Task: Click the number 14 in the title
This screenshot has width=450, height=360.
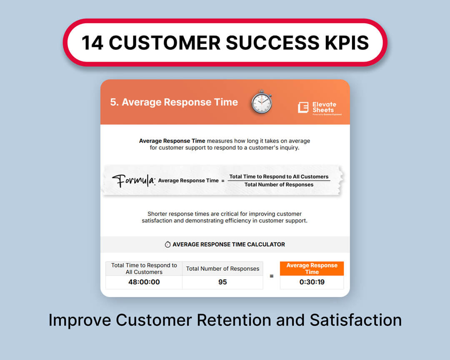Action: [x=92, y=43]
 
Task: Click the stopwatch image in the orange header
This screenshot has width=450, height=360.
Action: [x=261, y=102]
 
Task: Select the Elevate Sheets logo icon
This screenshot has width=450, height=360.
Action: [x=303, y=107]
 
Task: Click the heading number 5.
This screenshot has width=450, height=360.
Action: [x=114, y=102]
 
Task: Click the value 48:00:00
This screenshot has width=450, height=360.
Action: [x=144, y=282]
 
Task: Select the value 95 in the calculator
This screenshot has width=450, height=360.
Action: [x=222, y=282]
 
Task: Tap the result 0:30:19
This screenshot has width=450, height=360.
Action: [x=312, y=282]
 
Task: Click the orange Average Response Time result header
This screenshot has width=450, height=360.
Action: [x=312, y=268]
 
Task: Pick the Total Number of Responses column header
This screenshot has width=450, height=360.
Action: [x=222, y=269]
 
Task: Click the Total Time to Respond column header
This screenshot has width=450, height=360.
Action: [x=144, y=269]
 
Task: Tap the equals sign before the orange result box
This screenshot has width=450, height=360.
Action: [x=272, y=276]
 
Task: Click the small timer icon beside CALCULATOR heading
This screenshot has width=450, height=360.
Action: [x=167, y=244]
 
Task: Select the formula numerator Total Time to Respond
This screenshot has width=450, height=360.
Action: [x=279, y=177]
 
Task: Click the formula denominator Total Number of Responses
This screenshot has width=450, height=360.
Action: [x=279, y=185]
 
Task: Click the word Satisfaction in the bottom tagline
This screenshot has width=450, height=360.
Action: [x=356, y=320]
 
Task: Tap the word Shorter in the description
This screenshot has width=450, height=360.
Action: [x=157, y=214]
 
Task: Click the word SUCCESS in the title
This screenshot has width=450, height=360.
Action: [x=272, y=43]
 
